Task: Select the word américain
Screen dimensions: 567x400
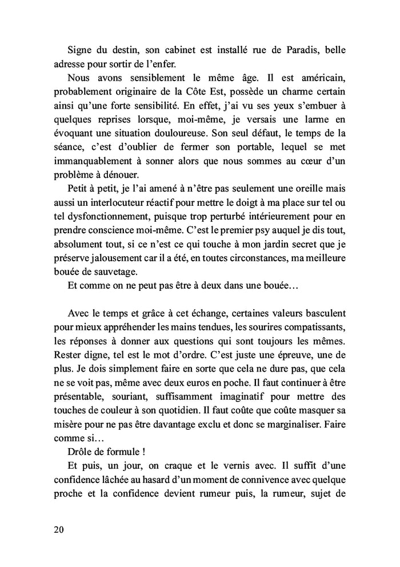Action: (x=321, y=77)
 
